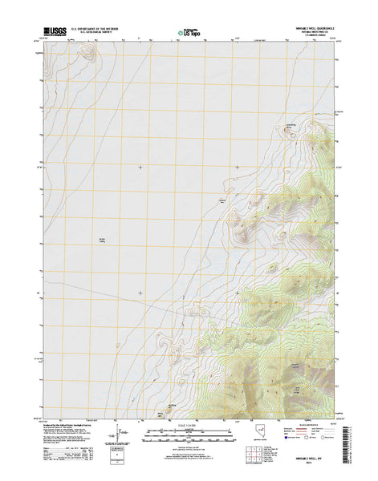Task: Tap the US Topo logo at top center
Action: [189, 33]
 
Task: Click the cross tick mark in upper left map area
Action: [140, 167]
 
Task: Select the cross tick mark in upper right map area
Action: [237, 167]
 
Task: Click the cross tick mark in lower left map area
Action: [140, 293]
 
